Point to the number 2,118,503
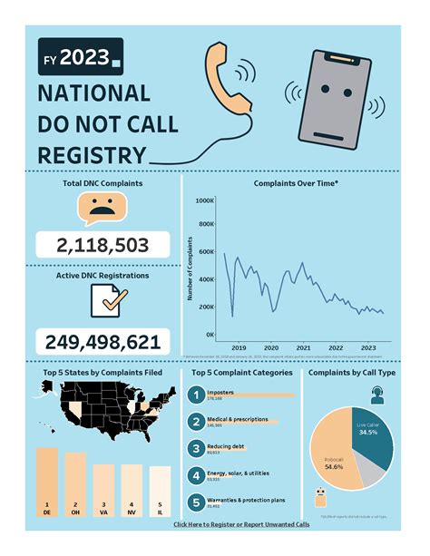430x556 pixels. coord(102,245)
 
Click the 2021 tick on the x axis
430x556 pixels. coord(304,347)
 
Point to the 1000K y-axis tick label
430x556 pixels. coord(204,200)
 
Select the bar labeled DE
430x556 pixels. coord(46,482)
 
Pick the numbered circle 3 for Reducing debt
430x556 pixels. coord(193,448)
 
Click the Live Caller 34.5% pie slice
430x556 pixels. coord(373,436)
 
